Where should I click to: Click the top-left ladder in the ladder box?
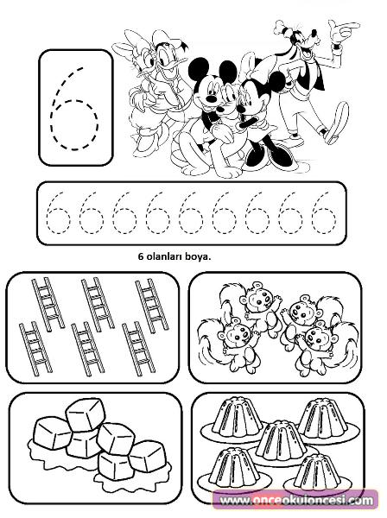coord(48,304)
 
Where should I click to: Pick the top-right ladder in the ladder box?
coord(152,306)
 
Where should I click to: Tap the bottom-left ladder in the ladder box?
coord(35,349)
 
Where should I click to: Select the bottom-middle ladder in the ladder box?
coord(87,349)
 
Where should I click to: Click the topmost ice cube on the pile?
coord(86,414)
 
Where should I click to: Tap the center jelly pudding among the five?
coord(281,441)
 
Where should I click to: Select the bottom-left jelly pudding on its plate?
coord(234,467)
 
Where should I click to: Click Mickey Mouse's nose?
coord(211,98)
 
